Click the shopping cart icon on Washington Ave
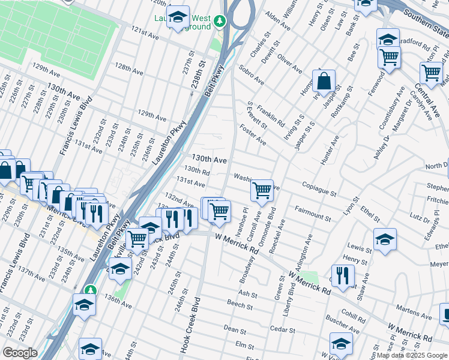pos(262,190)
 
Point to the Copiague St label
pos(319,190)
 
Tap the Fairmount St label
pos(313,213)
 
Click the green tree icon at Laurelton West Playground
pos(220,23)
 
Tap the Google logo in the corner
pos(20,352)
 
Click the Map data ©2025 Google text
pos(412,355)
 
